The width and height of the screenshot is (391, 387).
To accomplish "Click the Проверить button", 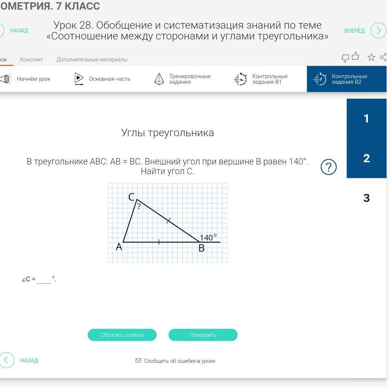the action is (203, 335).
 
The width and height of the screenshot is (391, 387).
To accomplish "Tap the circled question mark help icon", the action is (328, 167).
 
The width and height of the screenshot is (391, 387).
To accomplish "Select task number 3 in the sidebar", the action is (366, 198).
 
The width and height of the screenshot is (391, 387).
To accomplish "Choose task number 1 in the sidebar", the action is (366, 118).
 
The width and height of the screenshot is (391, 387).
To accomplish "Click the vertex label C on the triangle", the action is (132, 197).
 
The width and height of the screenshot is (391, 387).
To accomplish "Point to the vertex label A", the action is (119, 247).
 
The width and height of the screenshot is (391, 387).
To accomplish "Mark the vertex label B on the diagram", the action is (202, 248).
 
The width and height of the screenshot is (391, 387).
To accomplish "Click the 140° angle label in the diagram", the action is (208, 237).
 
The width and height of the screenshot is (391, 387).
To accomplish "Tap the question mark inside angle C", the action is (139, 206).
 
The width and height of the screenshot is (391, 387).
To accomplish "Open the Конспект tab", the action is (31, 60).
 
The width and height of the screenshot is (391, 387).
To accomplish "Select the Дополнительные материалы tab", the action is (92, 60).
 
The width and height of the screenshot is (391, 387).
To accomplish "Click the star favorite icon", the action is (371, 57).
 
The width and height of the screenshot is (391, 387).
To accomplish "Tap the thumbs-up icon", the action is (356, 56).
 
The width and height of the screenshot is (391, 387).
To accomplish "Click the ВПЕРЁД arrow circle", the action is (378, 31).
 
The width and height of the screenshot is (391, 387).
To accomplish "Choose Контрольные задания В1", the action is (261, 79).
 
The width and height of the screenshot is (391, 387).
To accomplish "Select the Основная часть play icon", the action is (79, 79).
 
